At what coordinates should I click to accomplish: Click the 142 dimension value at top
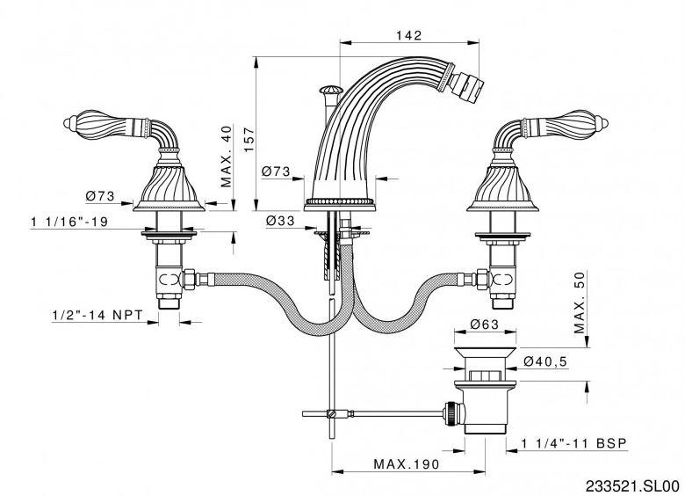coord(409,35)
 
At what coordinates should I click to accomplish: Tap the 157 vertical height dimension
coord(249,140)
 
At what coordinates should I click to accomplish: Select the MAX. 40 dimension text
coord(227,157)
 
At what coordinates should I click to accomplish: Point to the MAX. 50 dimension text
coord(580,302)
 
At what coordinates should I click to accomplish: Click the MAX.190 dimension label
coord(407,463)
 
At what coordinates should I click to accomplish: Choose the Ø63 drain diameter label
coord(485,325)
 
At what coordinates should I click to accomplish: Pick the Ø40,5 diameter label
coord(545,361)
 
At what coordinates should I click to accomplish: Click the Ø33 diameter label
coord(280,221)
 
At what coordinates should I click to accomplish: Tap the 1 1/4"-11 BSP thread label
coord(574,443)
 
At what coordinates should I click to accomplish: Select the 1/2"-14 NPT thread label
coord(97,315)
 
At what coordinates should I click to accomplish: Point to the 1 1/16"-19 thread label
coord(69,222)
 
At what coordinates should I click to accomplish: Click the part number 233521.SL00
coord(632,486)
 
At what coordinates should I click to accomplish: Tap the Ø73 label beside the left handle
coord(100,195)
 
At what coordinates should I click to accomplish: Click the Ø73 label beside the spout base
coord(276,171)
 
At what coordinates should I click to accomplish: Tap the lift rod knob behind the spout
coord(329,91)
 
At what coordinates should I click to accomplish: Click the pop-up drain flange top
coord(486,353)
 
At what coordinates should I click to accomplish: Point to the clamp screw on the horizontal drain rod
coord(333,412)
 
